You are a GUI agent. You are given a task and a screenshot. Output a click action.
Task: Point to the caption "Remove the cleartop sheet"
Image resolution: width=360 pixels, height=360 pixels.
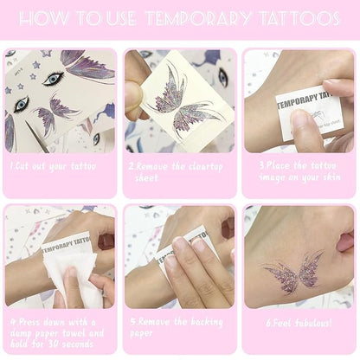179,170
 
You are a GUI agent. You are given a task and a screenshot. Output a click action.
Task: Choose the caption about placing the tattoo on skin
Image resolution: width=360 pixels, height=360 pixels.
299,170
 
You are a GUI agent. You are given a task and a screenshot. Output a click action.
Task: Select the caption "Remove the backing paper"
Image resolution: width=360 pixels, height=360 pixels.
179,326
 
